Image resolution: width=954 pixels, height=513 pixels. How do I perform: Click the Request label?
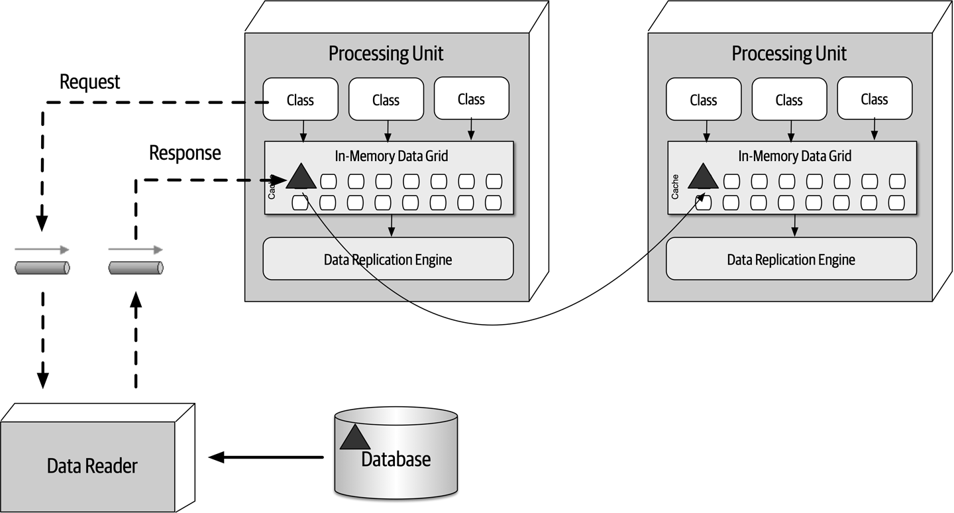point(89,82)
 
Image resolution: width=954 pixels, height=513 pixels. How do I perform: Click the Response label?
point(185,153)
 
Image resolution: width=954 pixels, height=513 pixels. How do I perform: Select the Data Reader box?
point(92,466)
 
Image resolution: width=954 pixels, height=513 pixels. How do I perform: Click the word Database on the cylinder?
point(396,459)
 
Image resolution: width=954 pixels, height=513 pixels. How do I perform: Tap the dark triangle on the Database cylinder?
point(354,438)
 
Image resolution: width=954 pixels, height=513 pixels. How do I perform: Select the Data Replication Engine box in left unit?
point(388,259)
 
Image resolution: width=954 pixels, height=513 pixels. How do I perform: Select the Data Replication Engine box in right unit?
point(791,259)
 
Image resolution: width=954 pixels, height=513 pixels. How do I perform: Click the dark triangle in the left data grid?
point(301,177)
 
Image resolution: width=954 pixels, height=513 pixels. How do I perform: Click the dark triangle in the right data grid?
point(703,177)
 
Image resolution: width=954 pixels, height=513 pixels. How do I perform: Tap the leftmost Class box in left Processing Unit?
point(300,100)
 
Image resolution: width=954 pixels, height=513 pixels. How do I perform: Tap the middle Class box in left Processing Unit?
point(386,100)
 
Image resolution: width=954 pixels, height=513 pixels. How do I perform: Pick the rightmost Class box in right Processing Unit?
point(874,99)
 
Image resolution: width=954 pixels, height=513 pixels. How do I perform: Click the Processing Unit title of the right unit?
point(789,54)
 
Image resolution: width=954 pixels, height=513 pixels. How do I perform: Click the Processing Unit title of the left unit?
point(386,54)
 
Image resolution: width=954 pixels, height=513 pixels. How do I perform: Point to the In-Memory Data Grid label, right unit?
point(794,156)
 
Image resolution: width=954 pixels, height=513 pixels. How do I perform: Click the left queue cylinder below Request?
point(42,268)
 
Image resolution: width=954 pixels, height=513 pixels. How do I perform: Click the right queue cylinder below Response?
point(136,268)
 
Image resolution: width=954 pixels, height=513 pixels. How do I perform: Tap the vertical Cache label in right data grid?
point(675,187)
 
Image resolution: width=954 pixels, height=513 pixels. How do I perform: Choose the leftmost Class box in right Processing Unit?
point(703,100)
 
